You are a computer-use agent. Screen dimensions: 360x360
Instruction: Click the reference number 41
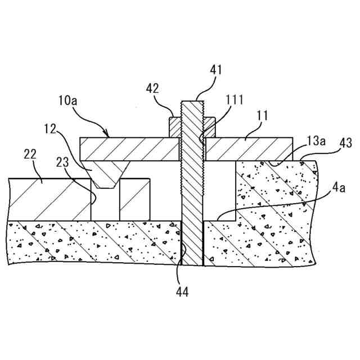[x=216, y=70]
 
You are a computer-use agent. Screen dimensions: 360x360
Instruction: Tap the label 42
[x=152, y=88]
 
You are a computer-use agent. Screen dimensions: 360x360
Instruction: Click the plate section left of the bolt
[x=129, y=149]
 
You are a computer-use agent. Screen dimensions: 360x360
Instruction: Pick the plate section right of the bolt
[x=247, y=149]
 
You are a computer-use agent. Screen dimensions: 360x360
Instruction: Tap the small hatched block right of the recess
[x=135, y=200]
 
